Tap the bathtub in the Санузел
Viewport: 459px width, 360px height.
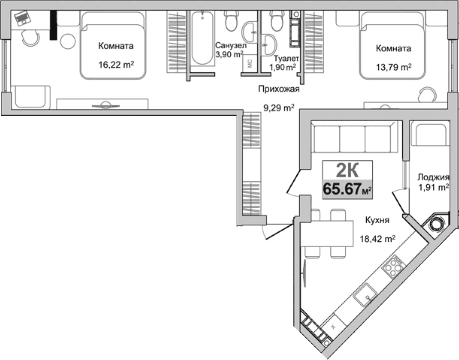[202, 39]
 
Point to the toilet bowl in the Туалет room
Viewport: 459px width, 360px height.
[276, 20]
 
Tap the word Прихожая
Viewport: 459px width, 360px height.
[278, 89]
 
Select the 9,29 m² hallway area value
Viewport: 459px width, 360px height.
[278, 108]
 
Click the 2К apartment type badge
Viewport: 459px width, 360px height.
[347, 171]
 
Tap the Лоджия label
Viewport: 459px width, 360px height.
[433, 177]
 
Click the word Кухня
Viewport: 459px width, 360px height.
[377, 220]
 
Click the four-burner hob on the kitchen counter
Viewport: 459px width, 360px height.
[393, 266]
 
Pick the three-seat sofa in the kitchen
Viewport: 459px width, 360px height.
[353, 137]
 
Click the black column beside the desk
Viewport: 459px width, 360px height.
[53, 25]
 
